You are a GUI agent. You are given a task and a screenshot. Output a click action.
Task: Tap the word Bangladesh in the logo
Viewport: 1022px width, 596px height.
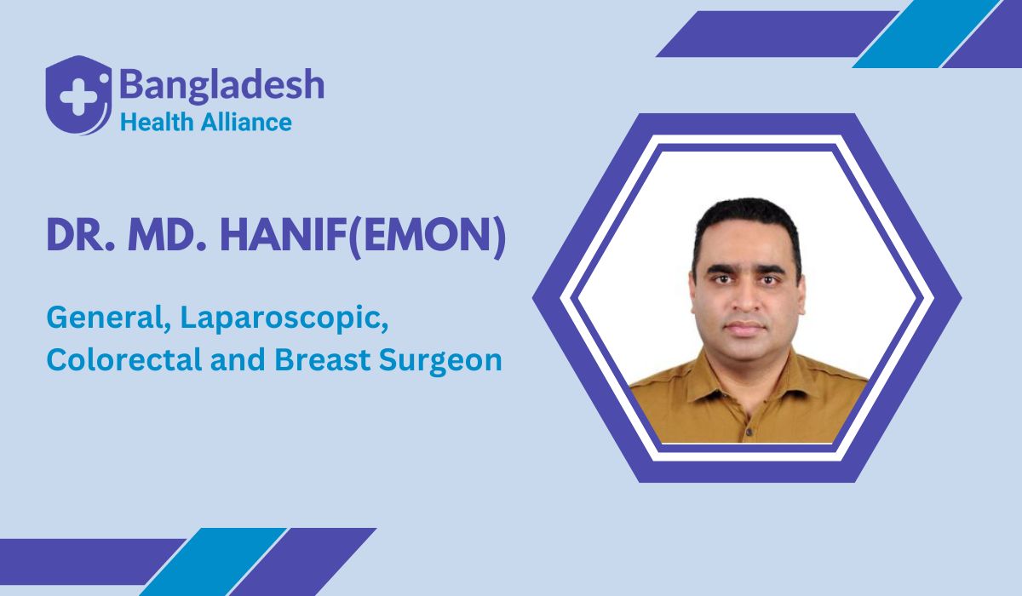(x=221, y=85)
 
